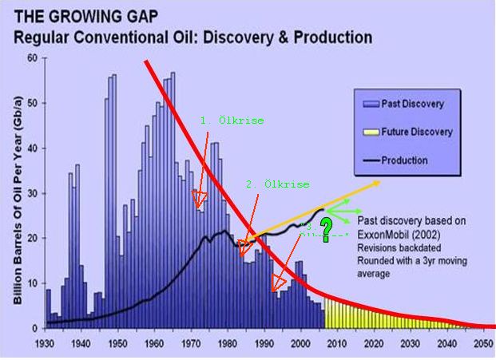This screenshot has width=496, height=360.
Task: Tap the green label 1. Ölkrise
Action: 232,120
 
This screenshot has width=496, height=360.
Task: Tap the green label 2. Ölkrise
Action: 277,184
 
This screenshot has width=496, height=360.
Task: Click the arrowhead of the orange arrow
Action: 376,183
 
